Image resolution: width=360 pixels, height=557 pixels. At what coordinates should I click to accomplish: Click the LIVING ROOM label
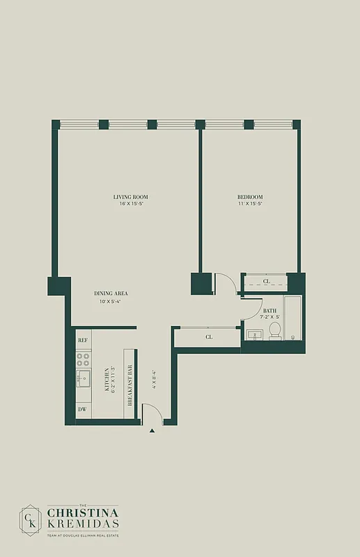[x=131, y=197]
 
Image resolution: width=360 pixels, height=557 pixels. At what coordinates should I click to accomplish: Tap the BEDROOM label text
[x=250, y=197]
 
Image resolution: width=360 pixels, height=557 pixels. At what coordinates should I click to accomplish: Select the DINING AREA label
[x=111, y=293]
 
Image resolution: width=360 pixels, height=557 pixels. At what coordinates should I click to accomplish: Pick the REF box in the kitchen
[x=83, y=340]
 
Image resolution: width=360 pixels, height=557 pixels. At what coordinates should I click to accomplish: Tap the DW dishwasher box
[x=83, y=409]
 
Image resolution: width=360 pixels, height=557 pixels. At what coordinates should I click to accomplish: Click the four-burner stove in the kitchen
[x=83, y=359]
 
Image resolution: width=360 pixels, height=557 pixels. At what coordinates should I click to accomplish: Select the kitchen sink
[x=84, y=379]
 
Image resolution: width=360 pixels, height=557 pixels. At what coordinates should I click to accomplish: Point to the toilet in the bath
[x=274, y=331]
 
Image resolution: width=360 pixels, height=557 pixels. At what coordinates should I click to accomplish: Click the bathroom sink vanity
[x=255, y=335]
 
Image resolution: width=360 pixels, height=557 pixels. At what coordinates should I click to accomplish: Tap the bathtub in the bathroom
[x=293, y=319]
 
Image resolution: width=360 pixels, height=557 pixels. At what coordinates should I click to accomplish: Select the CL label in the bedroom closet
[x=267, y=283]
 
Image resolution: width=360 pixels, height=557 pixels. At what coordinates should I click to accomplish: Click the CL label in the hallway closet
[x=209, y=337]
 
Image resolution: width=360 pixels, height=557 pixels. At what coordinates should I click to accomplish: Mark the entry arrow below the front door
[x=152, y=431]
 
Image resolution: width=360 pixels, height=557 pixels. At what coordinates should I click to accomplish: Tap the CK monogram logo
[x=31, y=519]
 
